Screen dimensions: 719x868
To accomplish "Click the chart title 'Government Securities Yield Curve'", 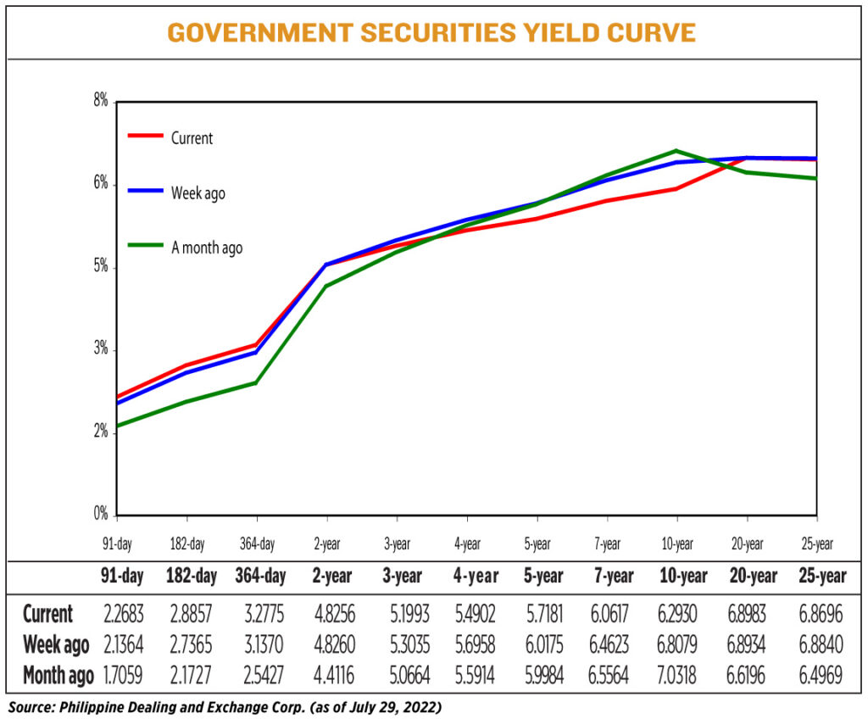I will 431,33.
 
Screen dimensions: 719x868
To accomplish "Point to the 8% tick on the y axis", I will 101,102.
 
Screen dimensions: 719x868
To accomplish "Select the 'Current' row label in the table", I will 48,614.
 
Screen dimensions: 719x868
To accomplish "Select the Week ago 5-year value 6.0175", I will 538,645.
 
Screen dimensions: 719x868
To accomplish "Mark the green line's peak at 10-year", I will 676,151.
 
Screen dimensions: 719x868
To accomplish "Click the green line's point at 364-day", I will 256,382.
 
